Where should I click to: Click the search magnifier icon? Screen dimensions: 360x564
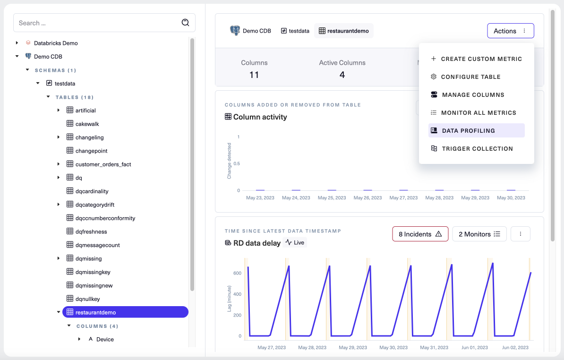click(x=185, y=23)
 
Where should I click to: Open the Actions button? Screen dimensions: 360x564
click(x=510, y=31)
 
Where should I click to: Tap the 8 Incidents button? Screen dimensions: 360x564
click(x=420, y=234)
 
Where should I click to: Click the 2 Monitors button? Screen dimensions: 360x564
click(x=479, y=234)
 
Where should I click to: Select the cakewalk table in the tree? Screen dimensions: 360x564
click(x=87, y=124)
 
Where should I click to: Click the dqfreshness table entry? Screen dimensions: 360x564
click(x=91, y=231)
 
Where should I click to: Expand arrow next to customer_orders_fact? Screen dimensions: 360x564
click(x=59, y=164)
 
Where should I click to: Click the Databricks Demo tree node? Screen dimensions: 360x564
click(x=56, y=43)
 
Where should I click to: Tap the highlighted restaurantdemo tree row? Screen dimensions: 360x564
click(x=95, y=312)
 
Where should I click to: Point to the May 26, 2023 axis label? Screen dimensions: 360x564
click(x=367, y=198)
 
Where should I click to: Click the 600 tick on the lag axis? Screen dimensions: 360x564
click(x=237, y=273)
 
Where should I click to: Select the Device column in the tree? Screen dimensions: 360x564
click(x=105, y=339)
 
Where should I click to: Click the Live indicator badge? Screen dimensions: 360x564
click(x=295, y=242)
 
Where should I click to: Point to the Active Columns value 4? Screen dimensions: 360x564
click(x=342, y=75)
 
